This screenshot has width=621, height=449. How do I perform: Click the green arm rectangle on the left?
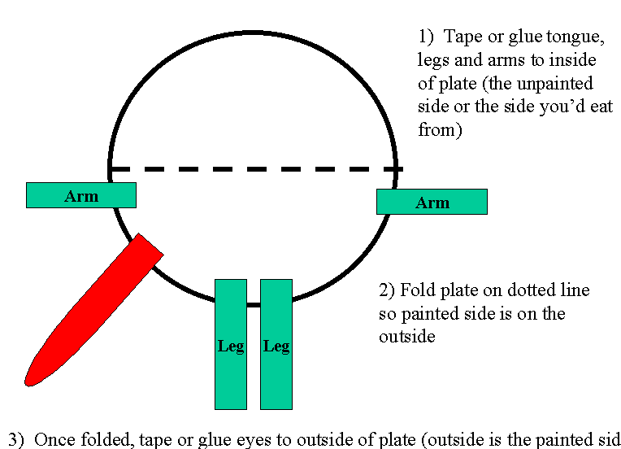pos(81,195)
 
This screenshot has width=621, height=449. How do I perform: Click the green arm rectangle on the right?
pos(432,202)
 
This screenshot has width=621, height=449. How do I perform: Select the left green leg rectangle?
pos(231,344)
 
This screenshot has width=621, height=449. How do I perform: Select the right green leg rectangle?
pos(276,344)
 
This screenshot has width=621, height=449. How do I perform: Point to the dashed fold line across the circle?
pos(256,169)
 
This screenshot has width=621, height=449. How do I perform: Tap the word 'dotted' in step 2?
pos(531,290)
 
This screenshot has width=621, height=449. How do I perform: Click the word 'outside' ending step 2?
pos(407,337)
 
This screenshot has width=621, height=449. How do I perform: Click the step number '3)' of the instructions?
pos(16,440)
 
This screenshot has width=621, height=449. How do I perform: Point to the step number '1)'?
pos(426,37)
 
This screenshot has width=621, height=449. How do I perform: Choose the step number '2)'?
pos(387,290)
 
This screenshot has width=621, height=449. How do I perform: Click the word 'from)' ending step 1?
pos(440,129)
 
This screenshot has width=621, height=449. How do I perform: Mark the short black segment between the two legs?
pos(254,305)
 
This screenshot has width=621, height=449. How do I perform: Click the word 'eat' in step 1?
pos(601,107)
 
